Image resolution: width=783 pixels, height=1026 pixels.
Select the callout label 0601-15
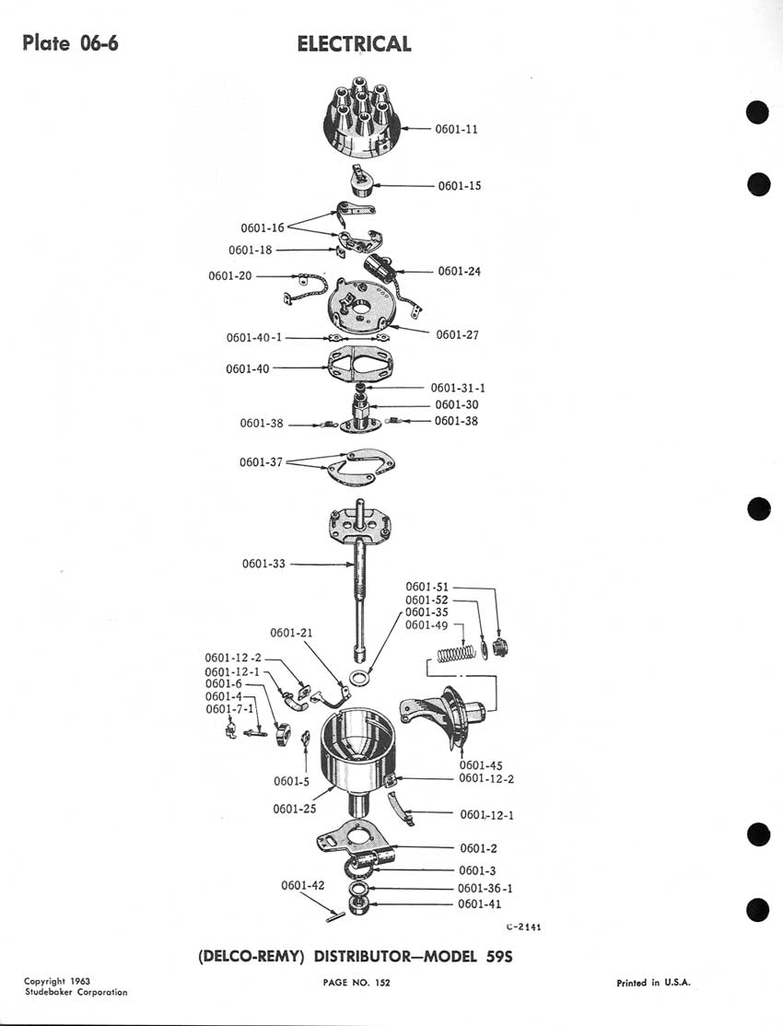click(460, 186)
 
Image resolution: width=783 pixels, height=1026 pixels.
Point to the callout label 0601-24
click(459, 271)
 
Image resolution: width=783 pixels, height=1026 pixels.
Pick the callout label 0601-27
click(457, 335)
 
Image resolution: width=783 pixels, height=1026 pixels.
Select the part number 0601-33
click(263, 564)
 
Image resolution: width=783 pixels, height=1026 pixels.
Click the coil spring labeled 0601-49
click(456, 653)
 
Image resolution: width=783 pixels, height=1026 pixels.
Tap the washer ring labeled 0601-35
click(358, 678)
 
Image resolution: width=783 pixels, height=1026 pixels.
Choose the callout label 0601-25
click(295, 809)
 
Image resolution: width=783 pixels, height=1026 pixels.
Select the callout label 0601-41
click(479, 904)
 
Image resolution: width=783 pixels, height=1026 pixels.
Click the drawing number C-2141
click(523, 927)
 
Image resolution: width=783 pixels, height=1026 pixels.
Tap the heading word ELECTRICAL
click(354, 44)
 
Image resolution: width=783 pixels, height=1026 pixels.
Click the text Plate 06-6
click(70, 43)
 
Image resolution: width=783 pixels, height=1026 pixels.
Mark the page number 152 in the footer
click(382, 982)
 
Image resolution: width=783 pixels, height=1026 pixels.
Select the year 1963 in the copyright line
click(78, 981)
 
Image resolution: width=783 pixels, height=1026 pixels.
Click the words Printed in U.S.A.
click(653, 983)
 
